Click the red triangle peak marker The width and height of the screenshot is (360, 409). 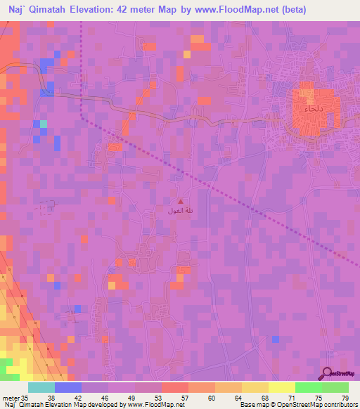[x=179, y=202]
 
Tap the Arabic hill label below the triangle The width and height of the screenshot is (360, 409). [x=179, y=211]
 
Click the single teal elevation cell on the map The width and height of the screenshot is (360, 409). [x=44, y=124]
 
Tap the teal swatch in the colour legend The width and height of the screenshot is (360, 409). [x=41, y=387]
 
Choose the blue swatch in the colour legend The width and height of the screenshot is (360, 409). [x=67, y=387]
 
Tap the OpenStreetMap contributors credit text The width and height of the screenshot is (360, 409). [x=315, y=405]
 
